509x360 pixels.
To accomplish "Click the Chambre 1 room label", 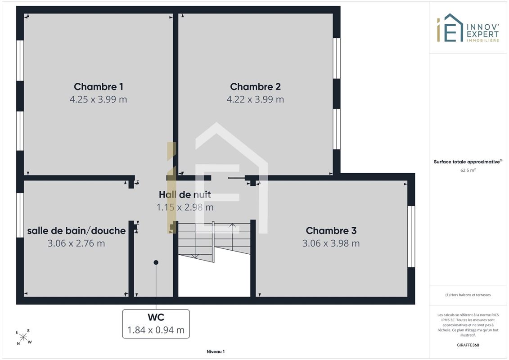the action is pyautogui.click(x=99, y=87).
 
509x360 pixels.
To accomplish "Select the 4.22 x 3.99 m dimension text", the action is pyautogui.click(x=255, y=99).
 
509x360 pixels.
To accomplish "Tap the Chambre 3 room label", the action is pyautogui.click(x=331, y=231).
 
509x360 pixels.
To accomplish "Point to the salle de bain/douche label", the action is pyautogui.click(x=77, y=231).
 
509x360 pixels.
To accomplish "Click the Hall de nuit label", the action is pyautogui.click(x=185, y=194).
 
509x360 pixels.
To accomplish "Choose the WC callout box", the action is pyautogui.click(x=156, y=324).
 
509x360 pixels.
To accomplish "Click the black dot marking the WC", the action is pyautogui.click(x=156, y=262).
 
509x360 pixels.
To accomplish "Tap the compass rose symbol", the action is pyautogui.click(x=23, y=337).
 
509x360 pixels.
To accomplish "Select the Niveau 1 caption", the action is pyautogui.click(x=216, y=351).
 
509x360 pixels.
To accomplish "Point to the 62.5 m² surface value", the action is pyautogui.click(x=468, y=170).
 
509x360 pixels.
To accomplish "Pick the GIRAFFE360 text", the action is pyautogui.click(x=468, y=345).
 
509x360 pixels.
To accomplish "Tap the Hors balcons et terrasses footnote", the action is pyautogui.click(x=468, y=295).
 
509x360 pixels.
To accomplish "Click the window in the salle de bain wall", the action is pyautogui.click(x=20, y=215).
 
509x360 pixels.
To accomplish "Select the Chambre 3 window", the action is pyautogui.click(x=411, y=237).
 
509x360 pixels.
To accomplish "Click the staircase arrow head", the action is pyautogui.click(x=232, y=225).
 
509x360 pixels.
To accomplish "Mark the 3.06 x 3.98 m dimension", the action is pyautogui.click(x=331, y=243).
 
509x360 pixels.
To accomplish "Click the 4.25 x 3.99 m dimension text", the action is pyautogui.click(x=99, y=99).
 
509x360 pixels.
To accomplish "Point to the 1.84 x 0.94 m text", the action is pyautogui.click(x=156, y=330).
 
